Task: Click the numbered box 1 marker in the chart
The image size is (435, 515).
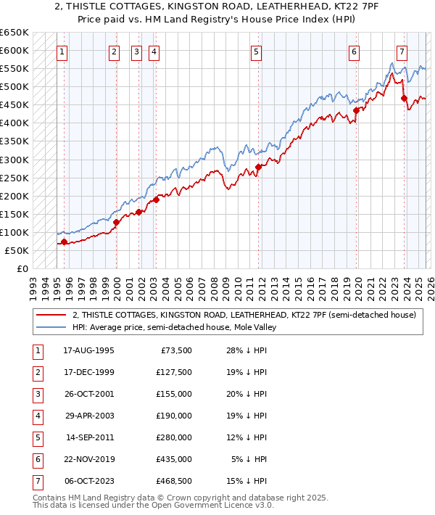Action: pyautogui.click(x=63, y=51)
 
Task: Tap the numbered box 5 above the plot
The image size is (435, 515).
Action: pyautogui.click(x=257, y=51)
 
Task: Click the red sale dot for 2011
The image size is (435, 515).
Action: pyautogui.click(x=258, y=167)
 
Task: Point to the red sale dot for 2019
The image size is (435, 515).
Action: pyautogui.click(x=356, y=110)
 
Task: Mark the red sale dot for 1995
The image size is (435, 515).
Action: pyautogui.click(x=64, y=242)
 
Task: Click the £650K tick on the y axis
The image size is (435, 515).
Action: pyautogui.click(x=14, y=33)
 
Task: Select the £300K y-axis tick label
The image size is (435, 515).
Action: pyautogui.click(x=14, y=160)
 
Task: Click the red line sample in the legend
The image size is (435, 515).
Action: pyautogui.click(x=51, y=315)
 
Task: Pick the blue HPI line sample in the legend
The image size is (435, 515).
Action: pyautogui.click(x=51, y=327)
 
